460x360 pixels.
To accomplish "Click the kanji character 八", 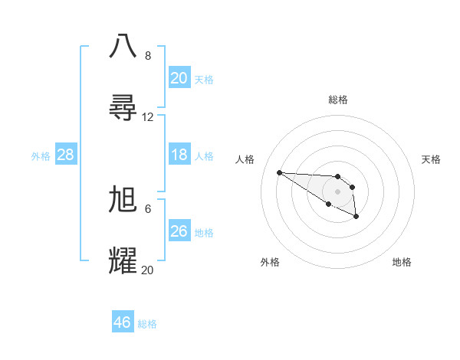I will click(x=123, y=45).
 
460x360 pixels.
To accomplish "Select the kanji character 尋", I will click(x=123, y=107).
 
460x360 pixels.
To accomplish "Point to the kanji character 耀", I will click(x=123, y=260).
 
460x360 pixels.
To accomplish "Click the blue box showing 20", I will click(x=179, y=78).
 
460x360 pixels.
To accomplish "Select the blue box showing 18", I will click(x=179, y=155).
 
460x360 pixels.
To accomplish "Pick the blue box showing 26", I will click(x=179, y=231).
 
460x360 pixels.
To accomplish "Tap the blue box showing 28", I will click(x=65, y=155).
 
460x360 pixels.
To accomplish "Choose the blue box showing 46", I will click(x=123, y=322).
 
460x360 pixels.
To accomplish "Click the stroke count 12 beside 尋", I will click(x=148, y=117).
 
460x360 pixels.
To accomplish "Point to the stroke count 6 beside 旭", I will click(x=148, y=208).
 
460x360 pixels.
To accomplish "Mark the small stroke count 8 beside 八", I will click(x=148, y=56).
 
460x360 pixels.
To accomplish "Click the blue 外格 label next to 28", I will click(x=41, y=155).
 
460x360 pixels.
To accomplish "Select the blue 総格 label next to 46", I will click(x=147, y=324).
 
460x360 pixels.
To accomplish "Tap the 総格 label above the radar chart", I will click(x=338, y=100).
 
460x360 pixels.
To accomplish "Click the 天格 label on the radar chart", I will click(x=431, y=159).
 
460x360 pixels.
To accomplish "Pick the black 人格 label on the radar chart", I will click(x=245, y=159).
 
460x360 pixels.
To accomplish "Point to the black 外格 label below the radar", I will click(x=270, y=262).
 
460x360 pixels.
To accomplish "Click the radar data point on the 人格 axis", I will click(x=279, y=172).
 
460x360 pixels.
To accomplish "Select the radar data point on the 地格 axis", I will click(x=356, y=217).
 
